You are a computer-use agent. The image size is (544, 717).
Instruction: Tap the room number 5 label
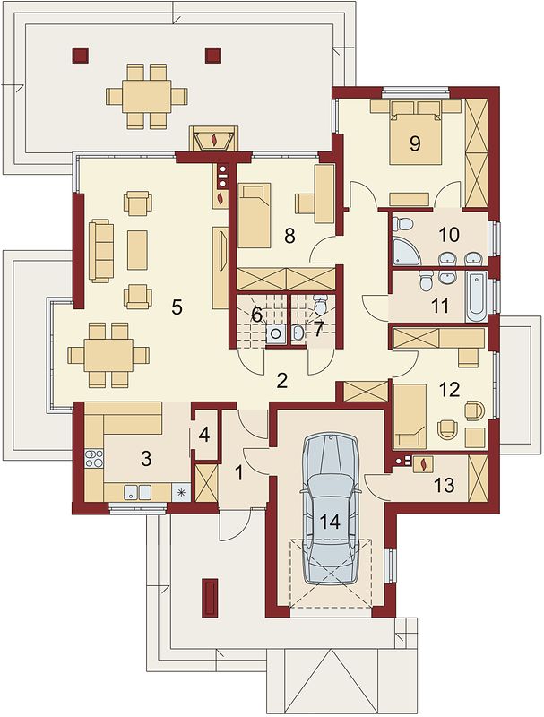(x=177, y=307)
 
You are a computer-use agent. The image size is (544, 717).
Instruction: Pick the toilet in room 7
(x=321, y=304)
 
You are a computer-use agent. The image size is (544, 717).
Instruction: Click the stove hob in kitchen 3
(x=94, y=459)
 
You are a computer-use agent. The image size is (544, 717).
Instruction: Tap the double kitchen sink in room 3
(x=138, y=492)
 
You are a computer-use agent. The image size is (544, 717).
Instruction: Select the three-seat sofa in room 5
(x=101, y=251)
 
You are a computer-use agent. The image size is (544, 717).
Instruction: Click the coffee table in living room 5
(x=137, y=250)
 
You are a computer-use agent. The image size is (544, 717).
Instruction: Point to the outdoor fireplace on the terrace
(x=213, y=138)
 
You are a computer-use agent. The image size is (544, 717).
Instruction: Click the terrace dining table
(x=147, y=96)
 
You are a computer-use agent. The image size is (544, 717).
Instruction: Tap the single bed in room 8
(x=255, y=214)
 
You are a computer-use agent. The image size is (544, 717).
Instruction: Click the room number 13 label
(x=444, y=485)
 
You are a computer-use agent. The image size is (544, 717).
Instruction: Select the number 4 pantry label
(x=203, y=435)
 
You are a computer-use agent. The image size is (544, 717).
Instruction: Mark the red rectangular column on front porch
(x=211, y=597)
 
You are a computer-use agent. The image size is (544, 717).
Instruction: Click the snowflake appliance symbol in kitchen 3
(x=181, y=492)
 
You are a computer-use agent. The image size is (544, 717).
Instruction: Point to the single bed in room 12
(x=410, y=416)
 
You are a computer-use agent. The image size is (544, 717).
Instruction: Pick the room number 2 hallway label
(x=282, y=380)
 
